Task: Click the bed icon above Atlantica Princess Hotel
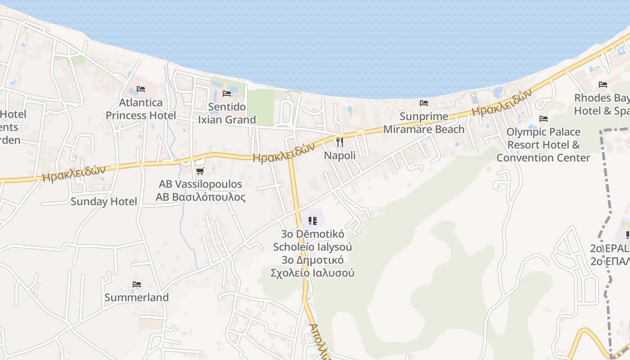coord(140,89)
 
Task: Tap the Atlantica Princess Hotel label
coord(141,109)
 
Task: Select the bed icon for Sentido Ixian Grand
coord(227,94)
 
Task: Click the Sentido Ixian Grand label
coord(227,113)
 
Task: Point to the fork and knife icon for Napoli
coord(340,142)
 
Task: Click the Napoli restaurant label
coord(340,156)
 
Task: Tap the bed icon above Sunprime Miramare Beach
coord(424,103)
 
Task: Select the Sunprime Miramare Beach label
coord(424,123)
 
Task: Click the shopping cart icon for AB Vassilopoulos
coord(200,171)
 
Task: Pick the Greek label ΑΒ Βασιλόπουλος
coord(201,197)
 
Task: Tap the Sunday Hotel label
coord(103,202)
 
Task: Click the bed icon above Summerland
coord(137,284)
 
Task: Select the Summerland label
coord(137,297)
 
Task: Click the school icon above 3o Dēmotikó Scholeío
coord(313,220)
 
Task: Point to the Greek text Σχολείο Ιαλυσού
coord(312,273)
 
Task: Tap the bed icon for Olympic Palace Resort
coord(544,119)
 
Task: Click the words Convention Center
coord(543,158)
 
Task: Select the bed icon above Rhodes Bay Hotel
coord(603,85)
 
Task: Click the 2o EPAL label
coord(610,248)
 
